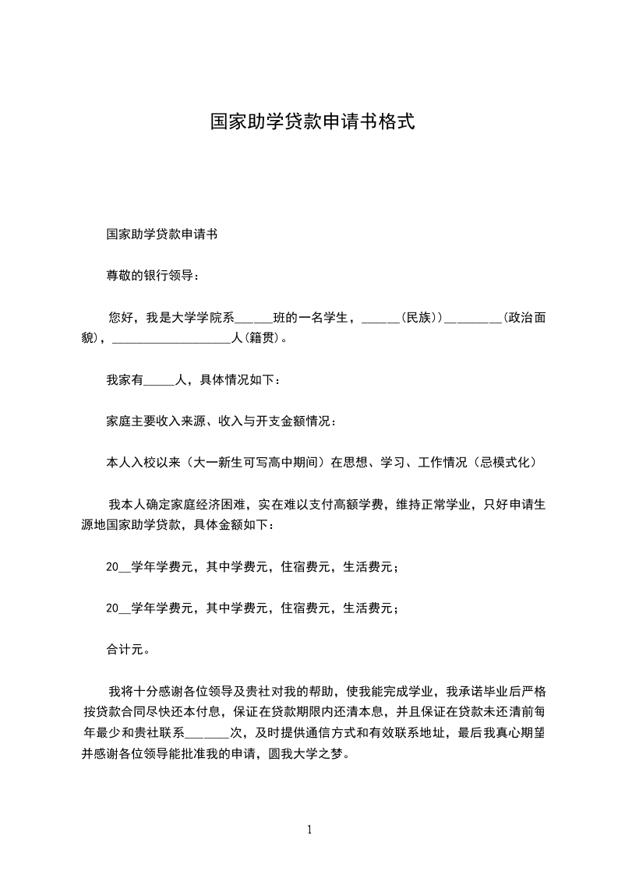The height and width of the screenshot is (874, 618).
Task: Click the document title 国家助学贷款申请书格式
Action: pos(312,122)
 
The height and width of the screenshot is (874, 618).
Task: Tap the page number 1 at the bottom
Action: pos(309,830)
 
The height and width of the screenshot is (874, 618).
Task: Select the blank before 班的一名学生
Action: pos(253,319)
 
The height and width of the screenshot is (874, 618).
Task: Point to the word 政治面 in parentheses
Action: pos(528,317)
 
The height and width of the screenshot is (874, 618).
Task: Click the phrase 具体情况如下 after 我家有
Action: pos(236,380)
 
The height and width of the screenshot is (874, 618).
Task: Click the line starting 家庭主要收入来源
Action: pos(221,421)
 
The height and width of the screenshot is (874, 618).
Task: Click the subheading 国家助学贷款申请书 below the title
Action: pos(161,234)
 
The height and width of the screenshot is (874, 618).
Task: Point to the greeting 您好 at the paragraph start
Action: pos(120,317)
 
